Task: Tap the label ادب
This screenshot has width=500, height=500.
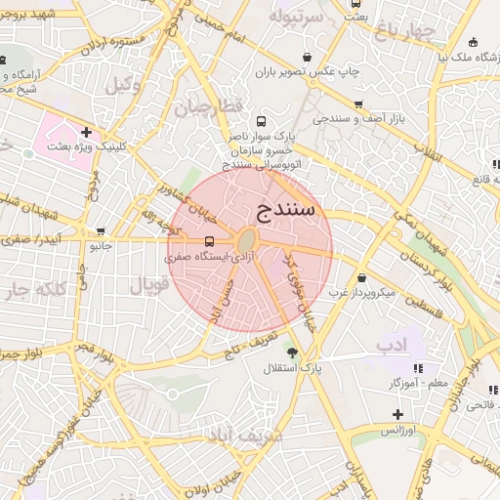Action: [390, 344]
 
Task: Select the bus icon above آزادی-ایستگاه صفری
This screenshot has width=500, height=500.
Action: [209, 241]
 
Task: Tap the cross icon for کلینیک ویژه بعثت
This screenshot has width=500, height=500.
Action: [87, 132]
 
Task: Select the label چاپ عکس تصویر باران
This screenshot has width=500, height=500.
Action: [308, 72]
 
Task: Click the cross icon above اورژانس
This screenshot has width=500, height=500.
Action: [397, 414]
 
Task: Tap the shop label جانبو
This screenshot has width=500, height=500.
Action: [101, 246]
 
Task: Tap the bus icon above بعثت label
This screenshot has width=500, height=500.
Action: [356, 4]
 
